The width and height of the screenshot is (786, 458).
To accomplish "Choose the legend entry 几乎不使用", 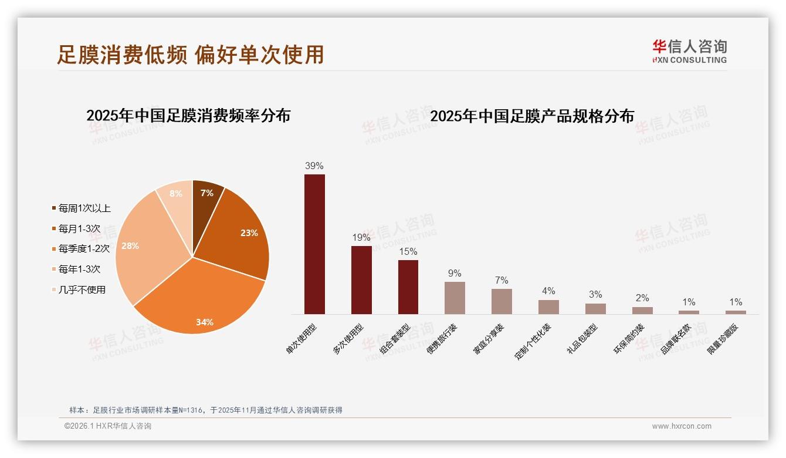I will click(82, 289).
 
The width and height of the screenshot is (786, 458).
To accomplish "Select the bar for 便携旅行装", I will click(455, 298).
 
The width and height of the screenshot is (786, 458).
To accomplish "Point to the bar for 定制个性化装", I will click(548, 307).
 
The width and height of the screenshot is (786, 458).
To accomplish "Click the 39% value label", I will click(314, 166).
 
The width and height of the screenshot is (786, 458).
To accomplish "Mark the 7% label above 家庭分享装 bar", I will click(502, 281).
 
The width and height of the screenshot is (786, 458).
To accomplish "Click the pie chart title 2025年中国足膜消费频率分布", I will click(188, 116).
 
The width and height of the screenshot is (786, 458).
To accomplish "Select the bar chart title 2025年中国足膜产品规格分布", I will click(532, 116).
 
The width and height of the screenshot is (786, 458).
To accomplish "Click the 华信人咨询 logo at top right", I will click(689, 51).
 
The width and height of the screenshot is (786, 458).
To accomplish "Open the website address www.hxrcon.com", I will click(682, 426).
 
